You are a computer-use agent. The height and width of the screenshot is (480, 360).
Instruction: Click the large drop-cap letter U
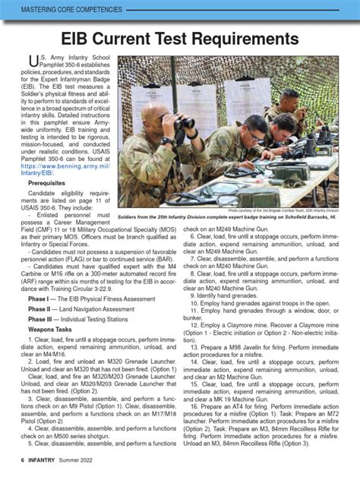33,65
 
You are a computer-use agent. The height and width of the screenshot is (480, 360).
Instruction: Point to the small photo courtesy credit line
281,210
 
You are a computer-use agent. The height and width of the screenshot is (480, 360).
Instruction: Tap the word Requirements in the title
235,39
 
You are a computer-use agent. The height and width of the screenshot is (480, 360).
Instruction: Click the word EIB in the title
78,39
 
